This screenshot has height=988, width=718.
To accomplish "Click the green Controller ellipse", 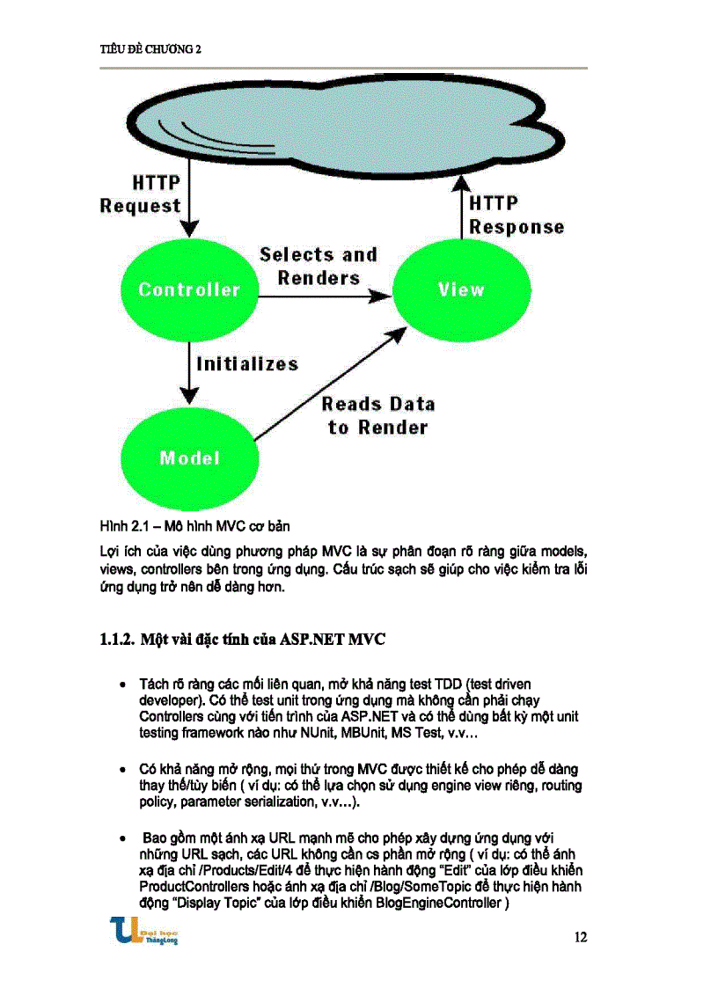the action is pyautogui.click(x=188, y=289).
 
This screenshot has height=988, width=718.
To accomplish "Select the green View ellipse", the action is pyautogui.click(x=461, y=289).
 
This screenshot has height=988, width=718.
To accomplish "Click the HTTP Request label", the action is pyautogui.click(x=141, y=194).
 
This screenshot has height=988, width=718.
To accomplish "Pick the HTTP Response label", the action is pyautogui.click(x=517, y=216).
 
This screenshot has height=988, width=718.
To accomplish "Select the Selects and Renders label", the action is pyautogui.click(x=319, y=267).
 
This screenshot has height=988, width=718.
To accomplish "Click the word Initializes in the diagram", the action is pyautogui.click(x=247, y=363).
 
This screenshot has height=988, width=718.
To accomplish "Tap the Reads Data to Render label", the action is pyautogui.click(x=378, y=416).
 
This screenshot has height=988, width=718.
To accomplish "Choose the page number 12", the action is pyautogui.click(x=580, y=937).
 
